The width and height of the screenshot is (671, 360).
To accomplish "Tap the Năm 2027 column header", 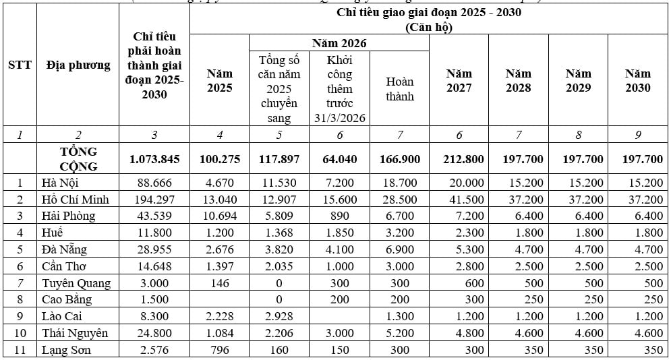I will pos(459,80).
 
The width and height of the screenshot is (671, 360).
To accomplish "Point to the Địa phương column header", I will pos(78,65).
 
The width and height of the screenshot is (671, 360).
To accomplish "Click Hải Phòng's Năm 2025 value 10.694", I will pos(219,216).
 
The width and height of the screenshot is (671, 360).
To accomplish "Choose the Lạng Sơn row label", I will pos(66,350).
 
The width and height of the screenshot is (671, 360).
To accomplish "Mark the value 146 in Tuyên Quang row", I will pos(219,283).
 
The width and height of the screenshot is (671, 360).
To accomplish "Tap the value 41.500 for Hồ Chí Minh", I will pos(459,200).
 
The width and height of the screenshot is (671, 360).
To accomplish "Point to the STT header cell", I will pos(20,65).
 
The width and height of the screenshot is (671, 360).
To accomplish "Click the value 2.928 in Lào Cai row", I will pos(279,317).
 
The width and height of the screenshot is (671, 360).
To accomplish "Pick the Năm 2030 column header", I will pos(637,80).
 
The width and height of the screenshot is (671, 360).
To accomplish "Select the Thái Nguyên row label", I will pos(75,333).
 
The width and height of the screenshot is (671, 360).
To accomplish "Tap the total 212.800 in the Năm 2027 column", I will pos(459,159).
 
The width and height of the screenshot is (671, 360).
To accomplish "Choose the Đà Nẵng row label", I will pos(64,249).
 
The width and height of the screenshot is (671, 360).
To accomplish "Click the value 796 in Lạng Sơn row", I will pos(219,350).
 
